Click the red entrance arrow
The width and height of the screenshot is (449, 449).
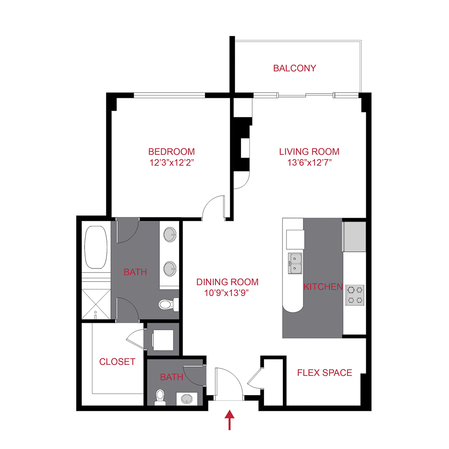[229, 420]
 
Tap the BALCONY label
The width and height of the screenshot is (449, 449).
[294, 68]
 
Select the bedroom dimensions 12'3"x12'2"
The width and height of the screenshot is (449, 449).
[171, 163]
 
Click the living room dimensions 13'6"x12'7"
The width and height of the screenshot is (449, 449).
[309, 163]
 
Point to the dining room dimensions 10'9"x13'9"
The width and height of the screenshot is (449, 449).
[227, 293]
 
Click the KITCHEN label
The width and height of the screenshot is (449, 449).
[323, 287]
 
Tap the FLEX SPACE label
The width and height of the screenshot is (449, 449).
[324, 373]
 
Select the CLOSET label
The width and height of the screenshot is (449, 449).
[117, 362]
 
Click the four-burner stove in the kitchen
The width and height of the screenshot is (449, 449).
[355, 294]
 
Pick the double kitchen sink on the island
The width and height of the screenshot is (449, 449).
[295, 263]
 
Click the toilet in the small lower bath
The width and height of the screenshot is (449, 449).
[160, 396]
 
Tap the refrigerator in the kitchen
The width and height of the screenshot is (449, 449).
[354, 237]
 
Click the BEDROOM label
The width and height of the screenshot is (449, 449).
[171, 152]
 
